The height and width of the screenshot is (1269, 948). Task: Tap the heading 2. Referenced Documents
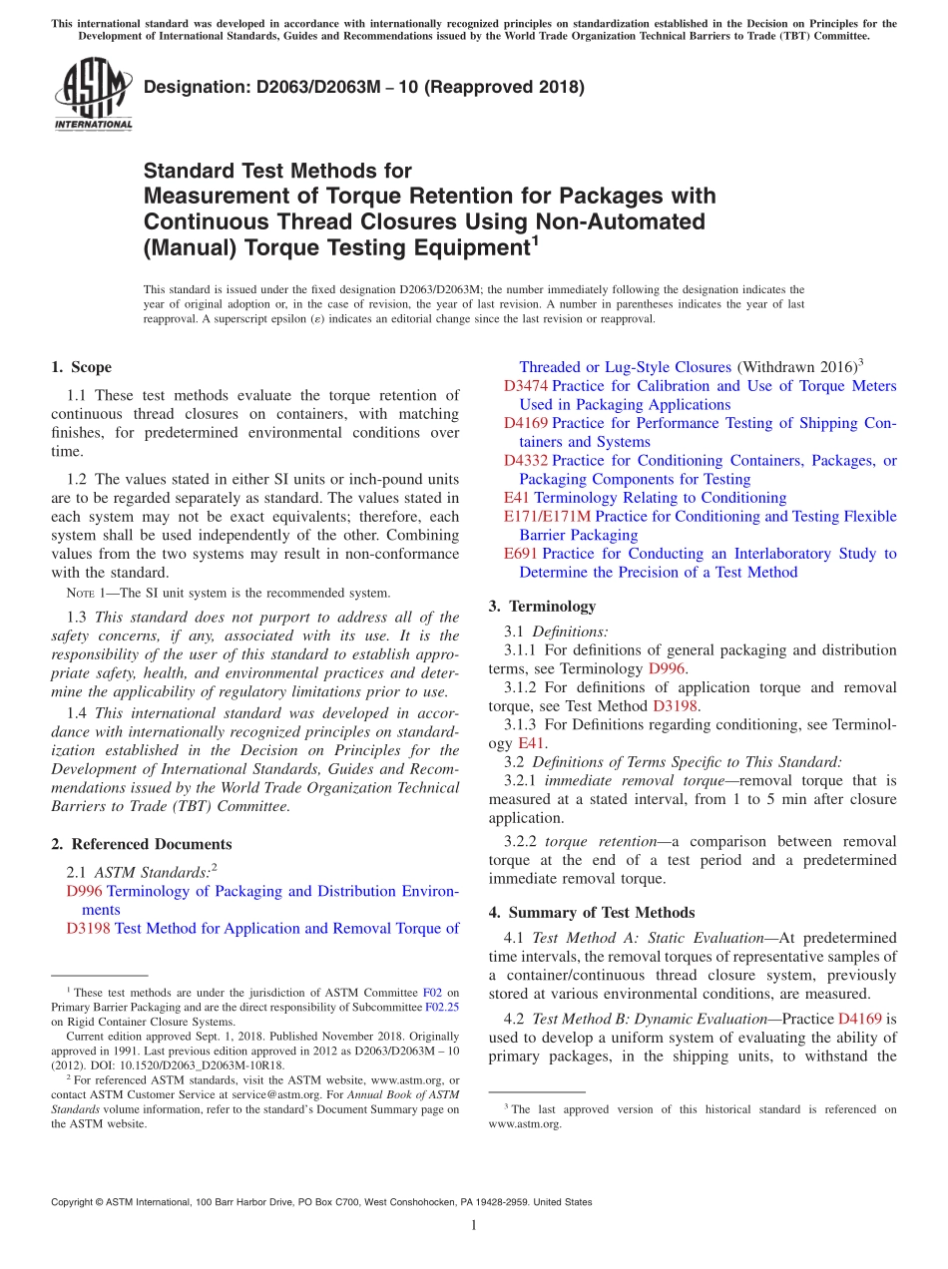(x=142, y=844)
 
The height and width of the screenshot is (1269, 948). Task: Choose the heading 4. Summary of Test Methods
(x=592, y=912)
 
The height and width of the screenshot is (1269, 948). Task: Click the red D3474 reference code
(x=526, y=386)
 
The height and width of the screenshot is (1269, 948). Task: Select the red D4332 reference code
(x=526, y=461)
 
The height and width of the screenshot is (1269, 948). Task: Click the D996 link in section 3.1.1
(x=667, y=668)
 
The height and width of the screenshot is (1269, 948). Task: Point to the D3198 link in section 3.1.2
(x=676, y=706)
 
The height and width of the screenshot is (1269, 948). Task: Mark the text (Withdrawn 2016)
(x=796, y=367)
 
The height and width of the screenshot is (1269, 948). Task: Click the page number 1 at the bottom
(x=474, y=1225)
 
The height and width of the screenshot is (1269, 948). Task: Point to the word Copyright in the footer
(x=76, y=1202)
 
